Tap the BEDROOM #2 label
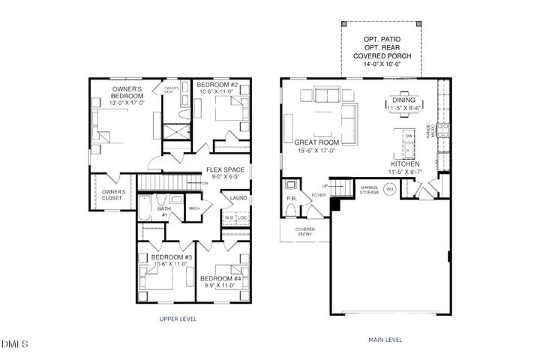[217, 85]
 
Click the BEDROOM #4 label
[220, 279]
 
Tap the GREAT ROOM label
[316, 142]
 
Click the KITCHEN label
[404, 163]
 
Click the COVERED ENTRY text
[305, 232]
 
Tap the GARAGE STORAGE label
[368, 190]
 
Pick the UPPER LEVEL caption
[178, 319]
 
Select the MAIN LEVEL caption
[385, 340]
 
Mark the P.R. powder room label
[292, 199]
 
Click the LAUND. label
[238, 198]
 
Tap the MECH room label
[193, 208]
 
